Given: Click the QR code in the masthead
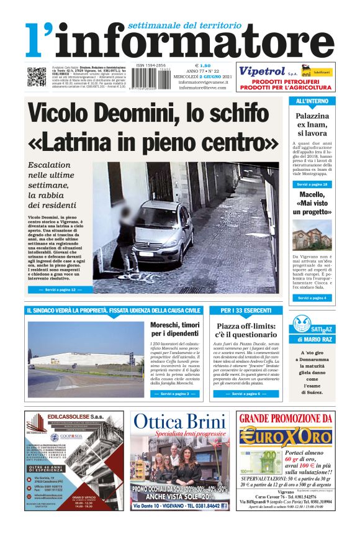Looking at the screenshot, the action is (x=36, y=76).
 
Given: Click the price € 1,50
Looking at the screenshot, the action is (x=203, y=65).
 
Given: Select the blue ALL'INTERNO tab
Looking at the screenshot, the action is (x=312, y=101).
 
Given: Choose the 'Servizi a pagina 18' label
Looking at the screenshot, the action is (x=312, y=184).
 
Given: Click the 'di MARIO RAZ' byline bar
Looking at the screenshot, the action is (x=312, y=339).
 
